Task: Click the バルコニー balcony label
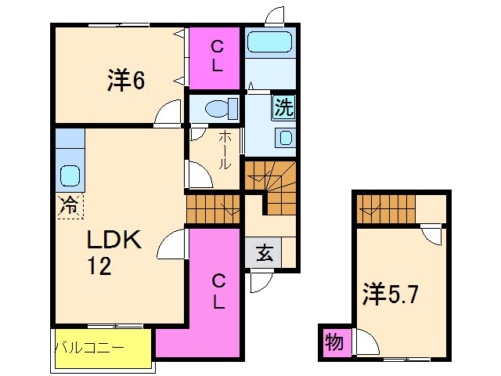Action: [x=88, y=345]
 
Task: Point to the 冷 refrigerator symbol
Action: [x=69, y=206]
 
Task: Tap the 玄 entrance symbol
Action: [x=264, y=255]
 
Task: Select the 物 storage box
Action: [x=333, y=342]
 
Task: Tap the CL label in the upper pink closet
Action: [x=216, y=56]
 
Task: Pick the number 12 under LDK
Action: [x=99, y=267]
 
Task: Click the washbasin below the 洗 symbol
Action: [x=285, y=138]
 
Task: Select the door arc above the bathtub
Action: [x=275, y=16]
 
